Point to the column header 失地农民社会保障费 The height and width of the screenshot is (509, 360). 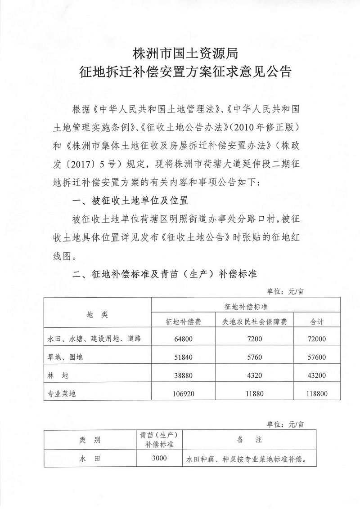click(255, 322)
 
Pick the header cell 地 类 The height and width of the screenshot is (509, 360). click(98, 314)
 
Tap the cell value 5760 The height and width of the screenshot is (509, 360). click(255, 357)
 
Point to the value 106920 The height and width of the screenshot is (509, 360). click(184, 393)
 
